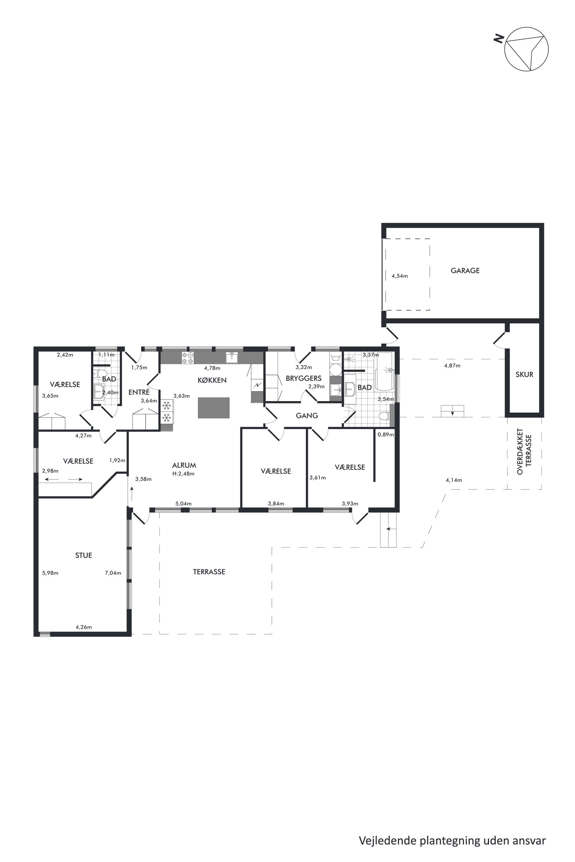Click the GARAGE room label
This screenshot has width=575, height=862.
coord(465,271)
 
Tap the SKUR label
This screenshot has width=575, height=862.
coord(524,375)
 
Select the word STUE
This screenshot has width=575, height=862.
coord(83,555)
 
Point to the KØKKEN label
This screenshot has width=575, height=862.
coord(212,380)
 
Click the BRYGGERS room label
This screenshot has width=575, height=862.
coord(304,378)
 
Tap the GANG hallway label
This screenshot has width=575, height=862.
coord(307,415)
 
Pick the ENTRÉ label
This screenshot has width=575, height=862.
coord(139,392)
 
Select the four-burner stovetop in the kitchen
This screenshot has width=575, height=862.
coord(188,358)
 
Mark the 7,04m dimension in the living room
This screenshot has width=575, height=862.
coord(113,573)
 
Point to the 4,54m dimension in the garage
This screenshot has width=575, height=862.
coord(400,276)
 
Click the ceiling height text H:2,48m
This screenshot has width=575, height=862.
coord(183,474)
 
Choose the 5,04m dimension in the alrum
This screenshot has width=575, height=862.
coord(183,504)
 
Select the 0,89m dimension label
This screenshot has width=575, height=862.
coord(386,435)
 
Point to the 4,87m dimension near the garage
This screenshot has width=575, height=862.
coord(452,366)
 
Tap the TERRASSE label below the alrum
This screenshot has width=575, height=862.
coord(209,572)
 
